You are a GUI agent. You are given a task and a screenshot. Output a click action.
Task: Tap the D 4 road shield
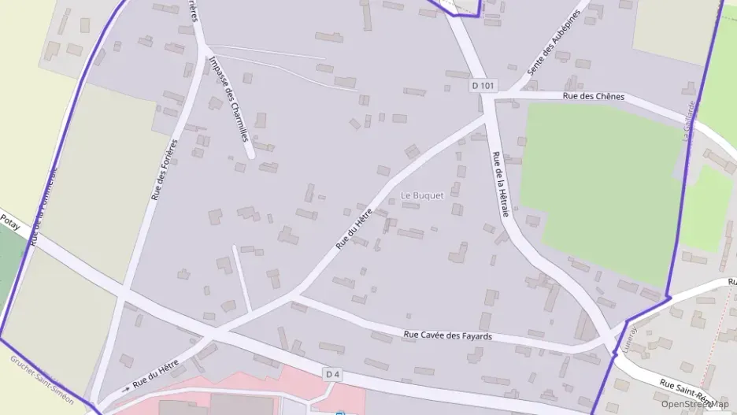[332, 374]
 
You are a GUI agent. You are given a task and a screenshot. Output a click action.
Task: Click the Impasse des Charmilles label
[229, 99]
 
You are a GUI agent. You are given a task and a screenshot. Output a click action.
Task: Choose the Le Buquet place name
[423, 195]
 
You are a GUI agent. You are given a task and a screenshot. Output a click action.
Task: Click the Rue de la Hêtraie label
[501, 184]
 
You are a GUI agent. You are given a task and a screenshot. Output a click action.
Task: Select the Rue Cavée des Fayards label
[447, 335]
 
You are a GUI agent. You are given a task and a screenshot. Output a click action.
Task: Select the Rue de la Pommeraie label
[45, 206]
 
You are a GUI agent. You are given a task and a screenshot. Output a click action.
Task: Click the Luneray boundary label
[627, 339]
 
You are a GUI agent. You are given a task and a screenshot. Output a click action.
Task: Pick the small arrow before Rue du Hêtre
[125, 389]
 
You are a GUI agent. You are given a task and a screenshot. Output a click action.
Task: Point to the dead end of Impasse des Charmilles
[250, 154]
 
